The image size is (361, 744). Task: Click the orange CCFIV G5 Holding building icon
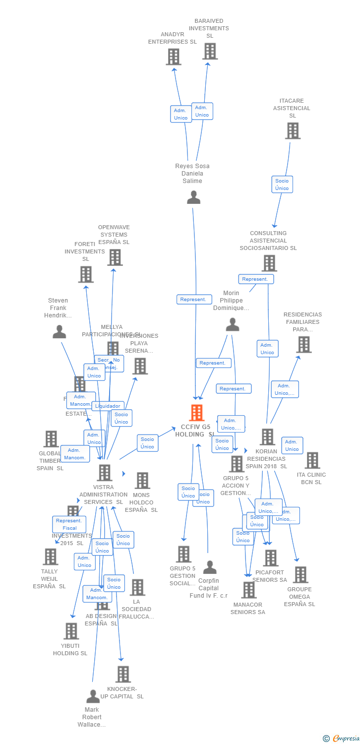[x=197, y=413]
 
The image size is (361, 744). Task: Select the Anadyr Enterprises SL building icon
[x=173, y=57]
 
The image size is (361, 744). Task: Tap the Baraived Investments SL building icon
[x=210, y=51]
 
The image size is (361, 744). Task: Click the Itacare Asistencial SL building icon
[x=293, y=131]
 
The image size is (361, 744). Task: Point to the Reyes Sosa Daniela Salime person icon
[x=193, y=197]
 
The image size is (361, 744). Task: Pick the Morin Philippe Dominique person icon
[x=232, y=325]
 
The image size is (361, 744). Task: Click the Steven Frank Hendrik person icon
[x=60, y=332]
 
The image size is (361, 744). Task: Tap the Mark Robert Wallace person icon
[x=93, y=696]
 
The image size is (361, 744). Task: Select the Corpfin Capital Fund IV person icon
[x=210, y=567]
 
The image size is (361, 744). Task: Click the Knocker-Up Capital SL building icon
[x=123, y=674]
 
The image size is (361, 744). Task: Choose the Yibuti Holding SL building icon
[x=71, y=631]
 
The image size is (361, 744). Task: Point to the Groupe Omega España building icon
[x=300, y=575]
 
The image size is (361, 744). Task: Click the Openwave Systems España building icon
[x=115, y=257]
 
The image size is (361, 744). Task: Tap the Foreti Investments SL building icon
[x=86, y=274]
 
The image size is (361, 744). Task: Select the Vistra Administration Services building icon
[x=104, y=473]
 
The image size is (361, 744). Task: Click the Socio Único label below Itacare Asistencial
[x=282, y=185]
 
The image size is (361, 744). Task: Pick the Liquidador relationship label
[x=108, y=406]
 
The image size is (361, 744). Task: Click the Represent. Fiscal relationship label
[x=69, y=524]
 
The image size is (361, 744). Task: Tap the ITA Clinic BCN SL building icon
[x=312, y=460]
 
